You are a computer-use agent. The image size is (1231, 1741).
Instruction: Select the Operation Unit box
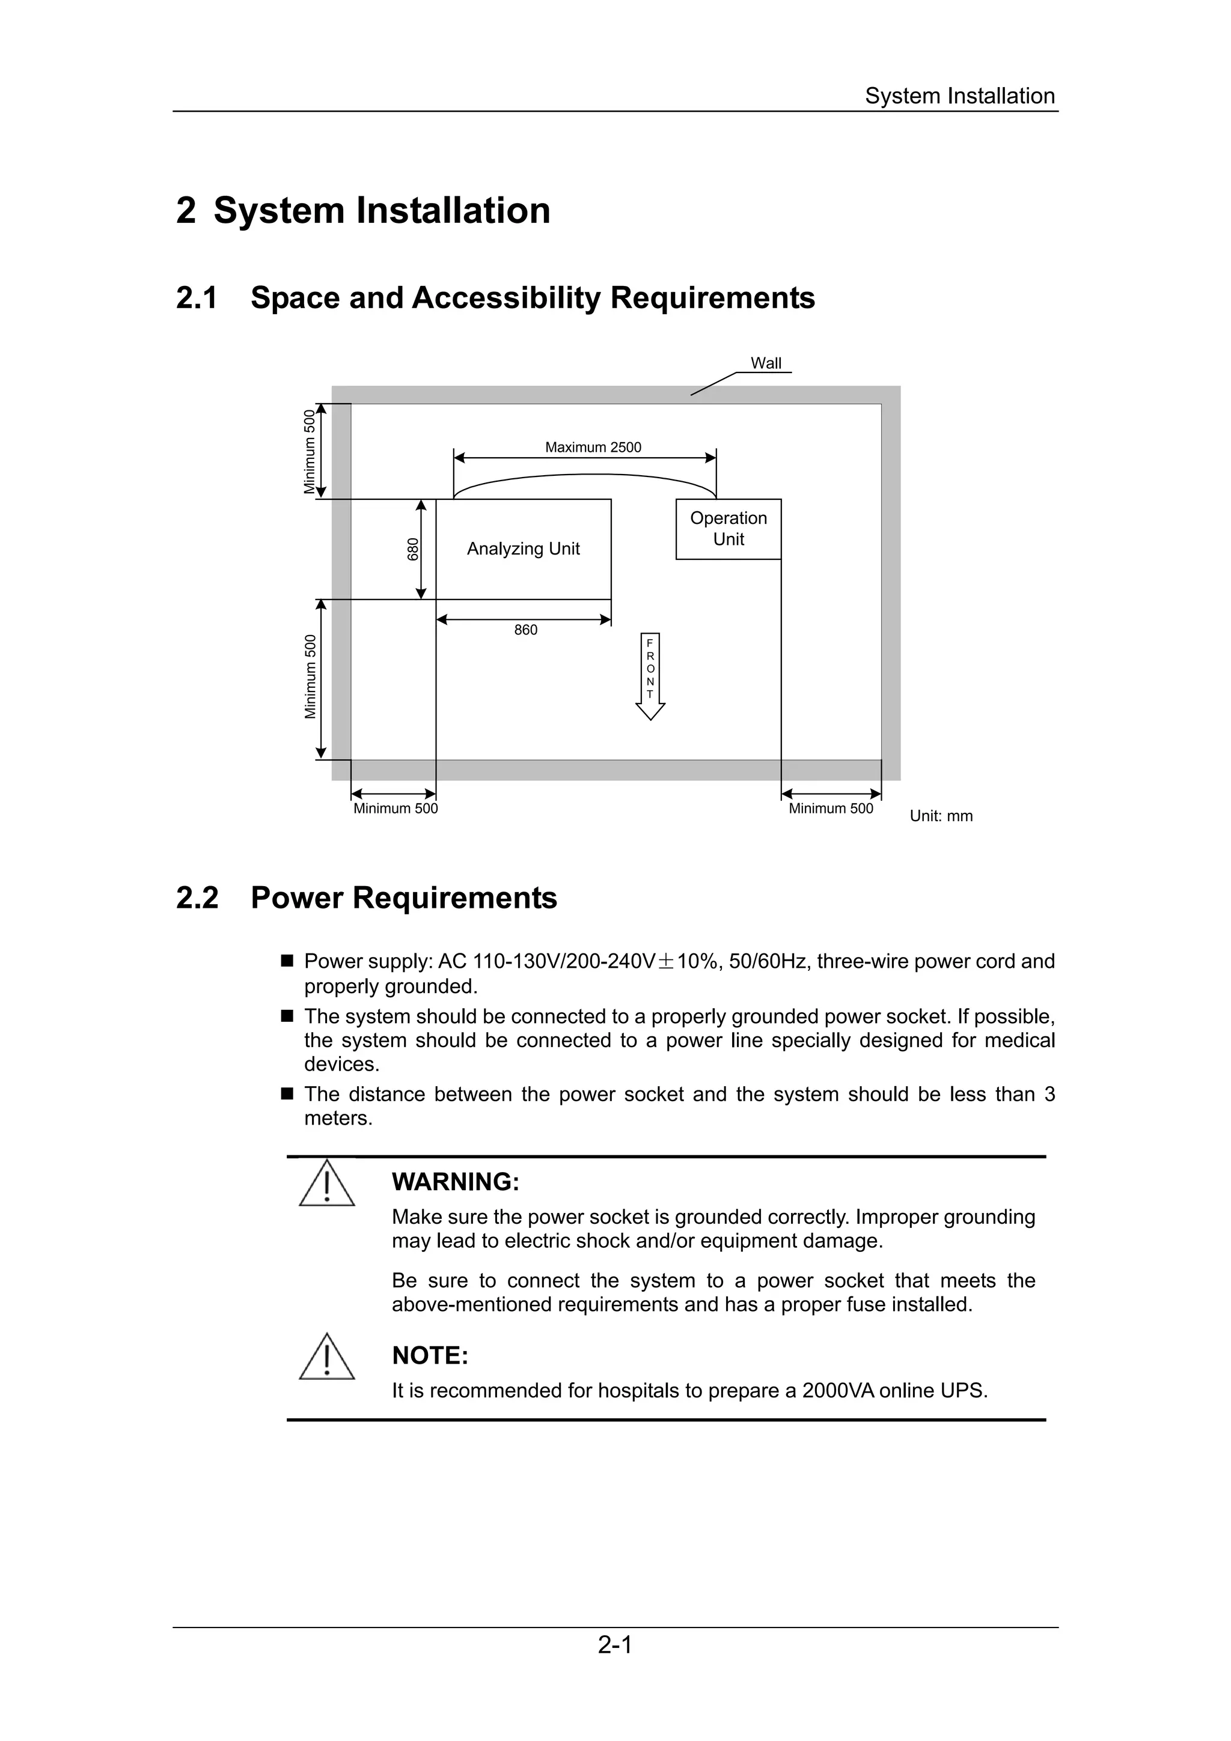tap(728, 529)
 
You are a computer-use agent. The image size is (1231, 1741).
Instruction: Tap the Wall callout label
tap(765, 363)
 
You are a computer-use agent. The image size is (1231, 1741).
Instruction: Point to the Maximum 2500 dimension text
tap(593, 448)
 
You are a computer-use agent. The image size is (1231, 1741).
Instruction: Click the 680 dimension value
tap(412, 548)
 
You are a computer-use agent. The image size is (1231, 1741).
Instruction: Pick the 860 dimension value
tap(525, 630)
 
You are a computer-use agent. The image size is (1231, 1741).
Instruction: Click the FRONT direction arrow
tap(650, 675)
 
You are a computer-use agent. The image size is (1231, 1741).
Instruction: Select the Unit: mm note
tap(941, 816)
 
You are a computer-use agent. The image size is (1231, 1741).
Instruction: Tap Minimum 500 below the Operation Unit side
tap(831, 809)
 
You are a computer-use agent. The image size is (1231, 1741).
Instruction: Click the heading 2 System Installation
tap(363, 210)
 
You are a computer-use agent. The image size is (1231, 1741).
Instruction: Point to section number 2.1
tap(197, 298)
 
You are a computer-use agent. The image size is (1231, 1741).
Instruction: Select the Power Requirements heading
tap(403, 898)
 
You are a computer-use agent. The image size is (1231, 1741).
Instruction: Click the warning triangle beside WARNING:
tap(327, 1183)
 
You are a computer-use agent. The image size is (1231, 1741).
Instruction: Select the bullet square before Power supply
tap(287, 961)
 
